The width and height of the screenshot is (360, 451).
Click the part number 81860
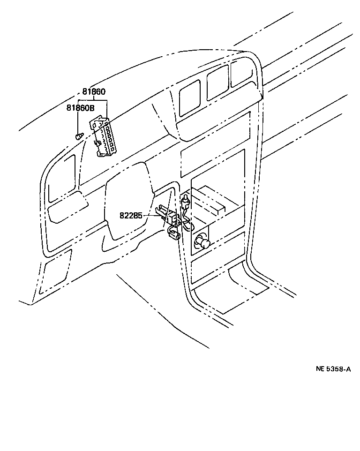tap(94, 92)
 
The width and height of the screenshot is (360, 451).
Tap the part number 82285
tap(131, 216)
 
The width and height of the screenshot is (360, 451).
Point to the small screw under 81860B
tap(79, 136)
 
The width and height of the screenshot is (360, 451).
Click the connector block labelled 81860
tap(104, 137)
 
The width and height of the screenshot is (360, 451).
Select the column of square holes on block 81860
tap(110, 136)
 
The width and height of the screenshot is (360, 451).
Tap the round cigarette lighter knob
tap(202, 243)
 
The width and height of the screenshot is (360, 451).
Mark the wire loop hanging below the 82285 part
tap(174, 233)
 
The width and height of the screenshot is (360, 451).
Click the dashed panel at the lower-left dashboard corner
tap(55, 272)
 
